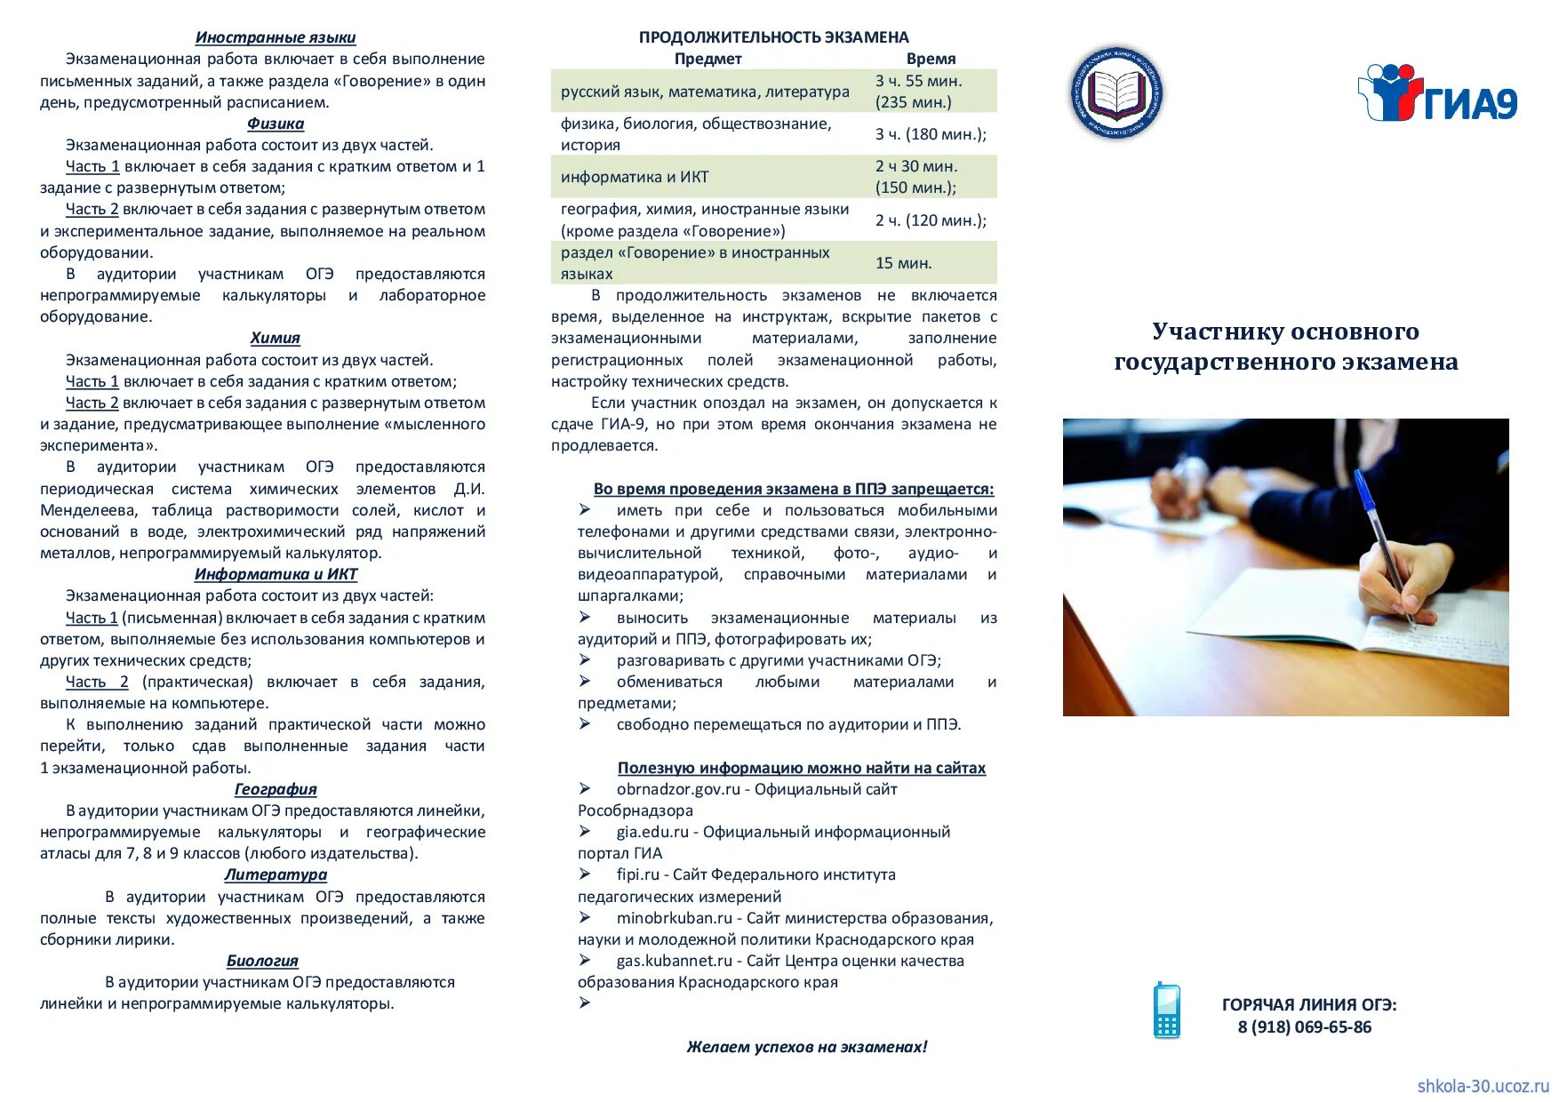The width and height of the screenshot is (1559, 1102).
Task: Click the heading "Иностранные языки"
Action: (x=276, y=37)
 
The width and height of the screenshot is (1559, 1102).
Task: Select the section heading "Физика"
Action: (x=276, y=124)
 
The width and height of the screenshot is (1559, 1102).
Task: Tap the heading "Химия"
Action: (x=276, y=338)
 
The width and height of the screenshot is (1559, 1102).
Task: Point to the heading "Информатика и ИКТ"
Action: (x=276, y=574)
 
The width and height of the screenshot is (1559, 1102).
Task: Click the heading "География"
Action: (x=276, y=789)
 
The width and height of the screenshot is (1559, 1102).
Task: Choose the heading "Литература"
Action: (x=276, y=874)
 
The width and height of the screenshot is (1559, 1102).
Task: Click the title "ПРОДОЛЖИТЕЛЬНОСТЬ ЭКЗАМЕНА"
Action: (x=773, y=37)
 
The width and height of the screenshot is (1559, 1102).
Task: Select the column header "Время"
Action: (x=931, y=59)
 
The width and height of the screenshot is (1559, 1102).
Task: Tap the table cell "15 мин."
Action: (x=903, y=263)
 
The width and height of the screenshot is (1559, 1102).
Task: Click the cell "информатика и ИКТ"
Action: (x=635, y=177)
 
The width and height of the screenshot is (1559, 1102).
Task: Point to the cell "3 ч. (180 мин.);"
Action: (x=931, y=134)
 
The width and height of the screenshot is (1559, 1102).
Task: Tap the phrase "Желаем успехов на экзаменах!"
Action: (x=806, y=1047)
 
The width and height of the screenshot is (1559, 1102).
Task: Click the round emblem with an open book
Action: (x=1116, y=92)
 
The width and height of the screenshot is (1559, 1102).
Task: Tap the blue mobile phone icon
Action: (x=1166, y=1010)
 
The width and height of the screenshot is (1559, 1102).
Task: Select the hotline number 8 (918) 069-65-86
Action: (x=1304, y=1027)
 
